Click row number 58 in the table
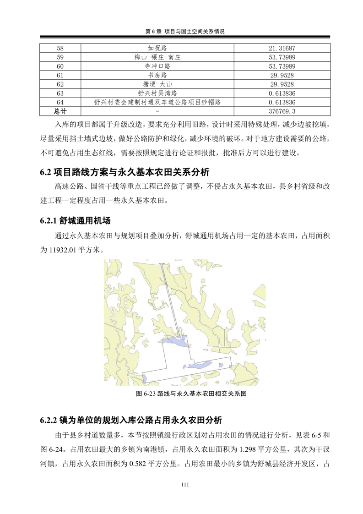[x=60, y=48]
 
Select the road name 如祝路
[x=157, y=48]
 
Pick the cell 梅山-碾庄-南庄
[x=157, y=57]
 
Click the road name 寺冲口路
[x=157, y=66]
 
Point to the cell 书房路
[x=157, y=75]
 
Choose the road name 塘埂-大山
[x=157, y=84]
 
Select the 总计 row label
[x=60, y=111]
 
